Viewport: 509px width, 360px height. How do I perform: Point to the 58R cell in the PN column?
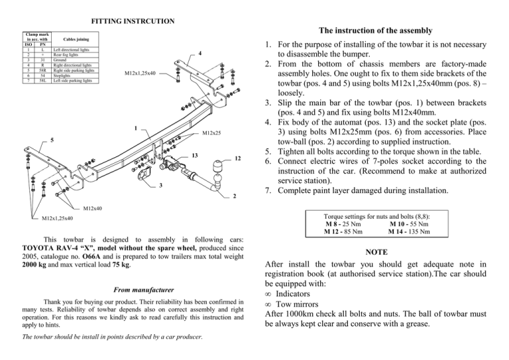42,71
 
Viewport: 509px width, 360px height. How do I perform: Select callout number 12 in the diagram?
237,159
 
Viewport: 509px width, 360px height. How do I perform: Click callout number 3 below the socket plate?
160,185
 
